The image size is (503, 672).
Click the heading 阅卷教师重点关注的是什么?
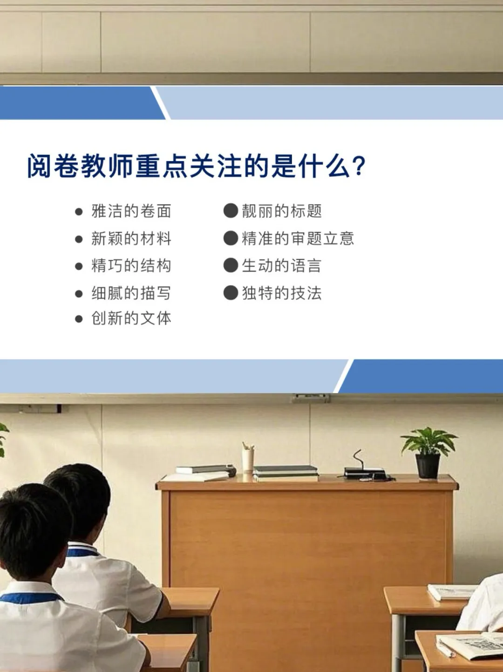point(196,166)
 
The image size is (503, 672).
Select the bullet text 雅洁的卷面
point(131,211)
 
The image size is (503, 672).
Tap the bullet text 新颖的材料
point(131,239)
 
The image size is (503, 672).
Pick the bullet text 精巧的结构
point(131,266)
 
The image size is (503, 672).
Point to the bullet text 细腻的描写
point(131,293)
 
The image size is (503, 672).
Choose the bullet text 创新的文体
point(131,319)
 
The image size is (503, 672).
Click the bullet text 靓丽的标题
point(281,211)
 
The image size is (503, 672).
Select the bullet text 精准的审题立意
point(298,239)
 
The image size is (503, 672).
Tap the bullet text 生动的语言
point(281,266)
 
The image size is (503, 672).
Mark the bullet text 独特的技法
point(281,293)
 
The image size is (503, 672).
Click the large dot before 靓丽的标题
point(231,211)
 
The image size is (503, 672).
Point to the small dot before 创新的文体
point(79,319)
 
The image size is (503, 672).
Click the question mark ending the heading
point(359,166)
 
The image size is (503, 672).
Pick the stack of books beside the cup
point(285,473)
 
